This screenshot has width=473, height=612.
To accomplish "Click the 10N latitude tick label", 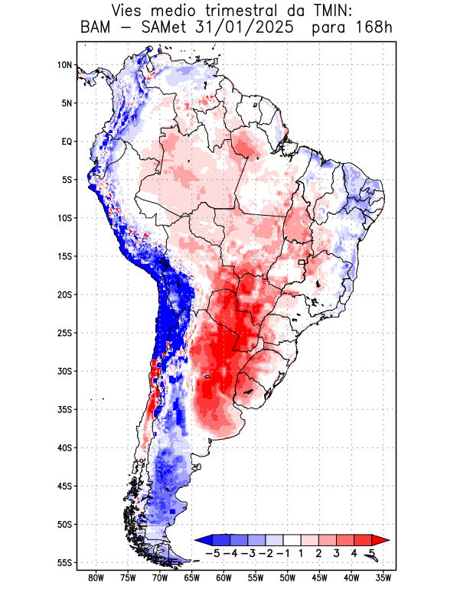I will coord(64,65).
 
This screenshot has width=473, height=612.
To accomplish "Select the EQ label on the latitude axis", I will coord(66,142).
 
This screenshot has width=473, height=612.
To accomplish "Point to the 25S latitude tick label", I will coord(64,333).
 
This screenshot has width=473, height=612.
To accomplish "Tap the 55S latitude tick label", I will coord(64,562).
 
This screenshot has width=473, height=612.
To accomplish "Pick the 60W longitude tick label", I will coord(224,578).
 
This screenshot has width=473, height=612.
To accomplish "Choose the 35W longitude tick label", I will coord(383,578).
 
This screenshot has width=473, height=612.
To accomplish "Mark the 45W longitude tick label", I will coord(320,578).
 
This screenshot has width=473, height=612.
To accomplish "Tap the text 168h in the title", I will coord(373,28).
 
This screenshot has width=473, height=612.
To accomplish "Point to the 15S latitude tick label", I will coord(64,256).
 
